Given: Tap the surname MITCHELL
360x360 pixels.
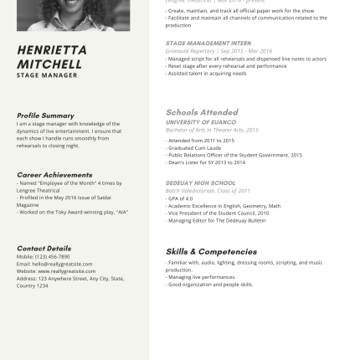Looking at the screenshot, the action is click(x=49, y=63).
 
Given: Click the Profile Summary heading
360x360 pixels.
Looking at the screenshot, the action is click(x=45, y=115).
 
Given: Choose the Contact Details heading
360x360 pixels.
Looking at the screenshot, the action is click(x=44, y=248).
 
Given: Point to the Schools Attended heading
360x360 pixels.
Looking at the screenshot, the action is click(x=203, y=111).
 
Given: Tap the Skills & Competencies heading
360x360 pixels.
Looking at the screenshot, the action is click(x=211, y=250).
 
